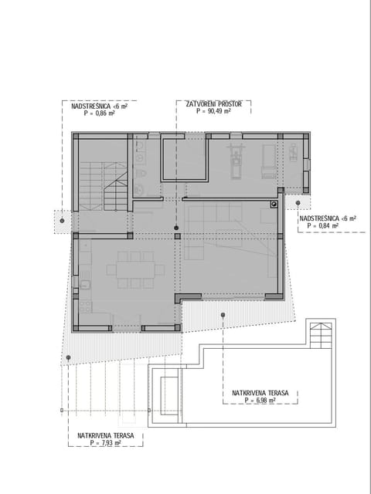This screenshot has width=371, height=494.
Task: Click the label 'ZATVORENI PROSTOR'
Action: click(213, 103)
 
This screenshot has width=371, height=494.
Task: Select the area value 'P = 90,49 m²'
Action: click(213, 111)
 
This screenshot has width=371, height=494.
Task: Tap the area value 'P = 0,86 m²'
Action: click(99, 113)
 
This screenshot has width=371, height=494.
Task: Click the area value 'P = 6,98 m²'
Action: click(260, 401)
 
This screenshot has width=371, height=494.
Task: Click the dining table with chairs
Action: click(135, 269)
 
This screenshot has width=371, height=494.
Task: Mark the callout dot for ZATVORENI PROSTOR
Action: click(176, 228)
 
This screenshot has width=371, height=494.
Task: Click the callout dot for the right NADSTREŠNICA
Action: click(298, 204)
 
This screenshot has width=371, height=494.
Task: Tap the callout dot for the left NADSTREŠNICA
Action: click(62, 220)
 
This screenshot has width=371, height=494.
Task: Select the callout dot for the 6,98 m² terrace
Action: click(223, 314)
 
